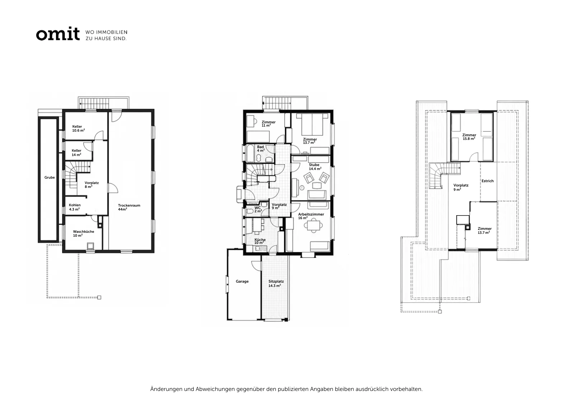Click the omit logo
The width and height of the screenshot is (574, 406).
click(x=58, y=34)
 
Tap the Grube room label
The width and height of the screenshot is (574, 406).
click(x=50, y=177)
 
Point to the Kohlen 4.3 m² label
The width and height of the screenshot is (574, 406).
click(x=75, y=207)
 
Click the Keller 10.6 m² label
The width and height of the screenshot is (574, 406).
click(x=79, y=128)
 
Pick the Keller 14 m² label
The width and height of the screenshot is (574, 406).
click(x=76, y=153)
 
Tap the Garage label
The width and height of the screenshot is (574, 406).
click(x=242, y=281)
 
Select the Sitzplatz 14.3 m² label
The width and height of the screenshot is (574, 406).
click(x=276, y=283)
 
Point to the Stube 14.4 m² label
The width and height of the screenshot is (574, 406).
click(x=315, y=167)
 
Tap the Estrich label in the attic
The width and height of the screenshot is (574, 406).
click(x=488, y=181)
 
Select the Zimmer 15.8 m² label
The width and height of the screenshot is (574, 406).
click(x=469, y=137)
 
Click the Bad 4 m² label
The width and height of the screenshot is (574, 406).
click(x=260, y=148)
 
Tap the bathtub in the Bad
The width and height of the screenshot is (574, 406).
click(x=250, y=153)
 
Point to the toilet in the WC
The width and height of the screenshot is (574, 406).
click(x=249, y=211)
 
